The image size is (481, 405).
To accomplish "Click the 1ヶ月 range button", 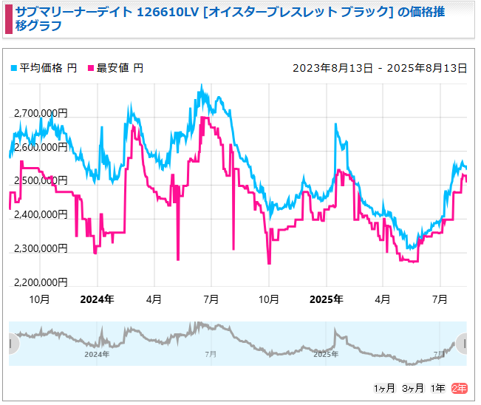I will [384, 388].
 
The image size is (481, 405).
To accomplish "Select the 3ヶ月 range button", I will [412, 388].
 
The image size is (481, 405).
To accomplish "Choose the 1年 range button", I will [438, 388].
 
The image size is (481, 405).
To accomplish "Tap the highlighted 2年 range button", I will [459, 388].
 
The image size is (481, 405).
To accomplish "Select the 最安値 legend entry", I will [116, 68].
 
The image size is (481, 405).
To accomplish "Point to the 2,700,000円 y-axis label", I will [40, 113].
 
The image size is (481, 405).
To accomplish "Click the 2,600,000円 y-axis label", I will [40, 147].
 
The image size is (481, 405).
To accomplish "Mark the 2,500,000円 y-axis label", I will [40, 181].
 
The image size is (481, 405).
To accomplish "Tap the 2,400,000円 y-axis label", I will [40, 215].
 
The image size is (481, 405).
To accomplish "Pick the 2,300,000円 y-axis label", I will [40, 248].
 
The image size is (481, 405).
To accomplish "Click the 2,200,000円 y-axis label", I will [40, 282].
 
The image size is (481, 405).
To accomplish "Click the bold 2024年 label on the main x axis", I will [97, 299].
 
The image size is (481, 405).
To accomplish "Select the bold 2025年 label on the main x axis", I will [326, 299].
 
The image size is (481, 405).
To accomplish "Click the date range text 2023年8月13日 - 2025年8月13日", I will [380, 68].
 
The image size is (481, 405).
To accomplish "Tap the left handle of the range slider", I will [10, 344].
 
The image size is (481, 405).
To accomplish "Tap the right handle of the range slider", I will [463, 344].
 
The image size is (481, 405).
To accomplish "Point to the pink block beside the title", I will [8, 18].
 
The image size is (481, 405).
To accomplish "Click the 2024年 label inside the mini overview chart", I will [97, 355].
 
